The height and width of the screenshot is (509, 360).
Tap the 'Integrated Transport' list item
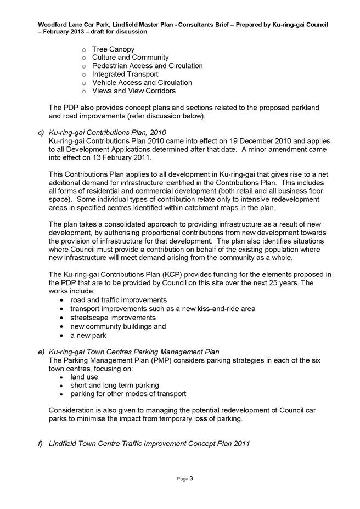pyautogui.click(x=125, y=74)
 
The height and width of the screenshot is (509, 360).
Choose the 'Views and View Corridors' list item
pyautogui.click(x=134, y=91)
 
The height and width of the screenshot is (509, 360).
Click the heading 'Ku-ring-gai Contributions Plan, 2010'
pyautogui.click(x=108, y=132)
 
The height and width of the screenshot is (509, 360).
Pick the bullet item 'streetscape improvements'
pyautogui.click(x=113, y=318)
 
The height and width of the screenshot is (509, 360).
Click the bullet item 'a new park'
pyautogui.click(x=88, y=335)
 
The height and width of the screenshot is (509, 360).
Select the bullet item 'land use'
pyautogui.click(x=85, y=377)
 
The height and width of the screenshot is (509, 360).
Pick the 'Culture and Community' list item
pyautogui.click(x=131, y=58)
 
